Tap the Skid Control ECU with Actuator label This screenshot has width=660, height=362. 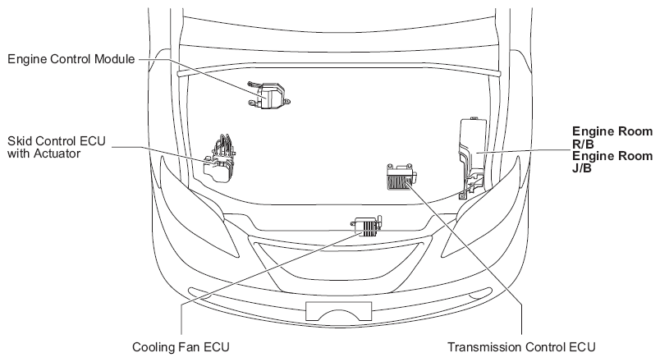pyautogui.click(x=55, y=146)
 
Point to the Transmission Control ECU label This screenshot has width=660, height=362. pyautogui.click(x=520, y=346)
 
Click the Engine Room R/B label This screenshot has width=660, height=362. pyautogui.click(x=612, y=137)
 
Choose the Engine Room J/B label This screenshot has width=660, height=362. pyautogui.click(x=612, y=162)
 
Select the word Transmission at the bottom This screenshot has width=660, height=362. pyautogui.click(x=482, y=346)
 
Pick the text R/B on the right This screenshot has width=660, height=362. pyautogui.click(x=583, y=144)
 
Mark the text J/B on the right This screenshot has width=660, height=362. pyautogui.click(x=582, y=168)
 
